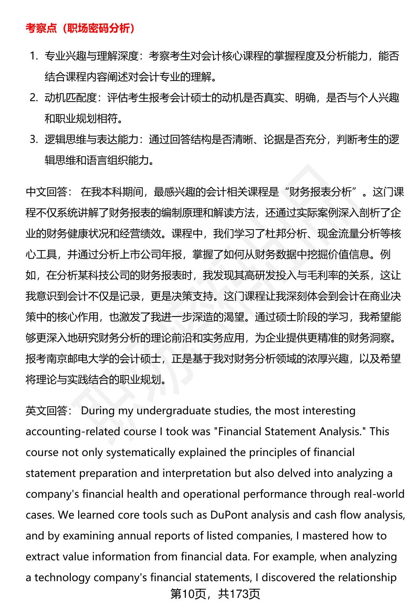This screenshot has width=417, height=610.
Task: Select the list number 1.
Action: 34,56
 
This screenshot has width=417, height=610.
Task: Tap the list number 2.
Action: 34,98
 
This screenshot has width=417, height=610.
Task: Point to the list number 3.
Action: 34,139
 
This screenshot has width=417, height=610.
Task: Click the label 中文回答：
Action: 49,192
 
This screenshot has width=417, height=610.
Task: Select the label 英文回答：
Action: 49,411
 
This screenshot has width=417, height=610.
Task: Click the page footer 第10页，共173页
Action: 215,594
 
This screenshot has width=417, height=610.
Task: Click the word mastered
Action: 325,536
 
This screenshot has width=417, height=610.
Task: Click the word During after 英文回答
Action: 98,411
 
